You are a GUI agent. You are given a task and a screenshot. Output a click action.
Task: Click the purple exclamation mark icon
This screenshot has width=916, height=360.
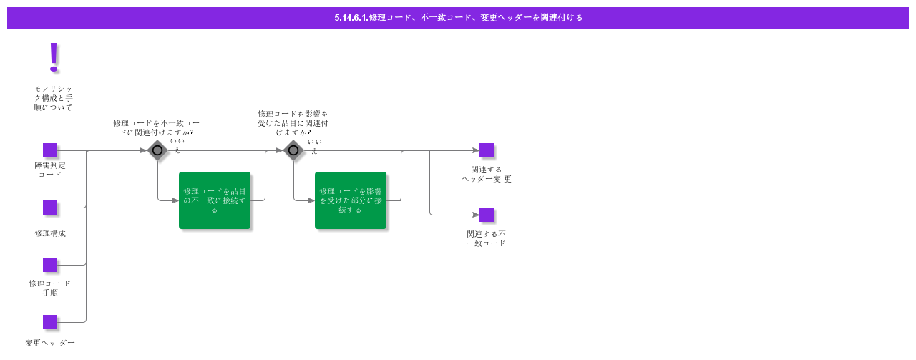coord(53,57)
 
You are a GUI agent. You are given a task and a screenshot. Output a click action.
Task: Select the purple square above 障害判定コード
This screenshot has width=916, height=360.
coord(50,150)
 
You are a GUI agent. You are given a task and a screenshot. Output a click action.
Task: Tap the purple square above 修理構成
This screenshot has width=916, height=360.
coord(50,208)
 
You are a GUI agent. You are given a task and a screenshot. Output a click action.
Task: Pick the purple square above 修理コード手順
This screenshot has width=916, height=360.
coord(50,265)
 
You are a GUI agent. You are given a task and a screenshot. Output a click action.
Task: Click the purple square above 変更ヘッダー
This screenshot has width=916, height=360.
coord(50,322)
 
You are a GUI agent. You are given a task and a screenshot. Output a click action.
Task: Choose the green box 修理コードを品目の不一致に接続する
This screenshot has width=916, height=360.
coord(215,200)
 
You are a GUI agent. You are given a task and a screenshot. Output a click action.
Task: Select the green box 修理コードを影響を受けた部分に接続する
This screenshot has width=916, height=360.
coord(351,200)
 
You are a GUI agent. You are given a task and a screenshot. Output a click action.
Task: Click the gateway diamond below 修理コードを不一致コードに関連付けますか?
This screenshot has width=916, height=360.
coord(157,150)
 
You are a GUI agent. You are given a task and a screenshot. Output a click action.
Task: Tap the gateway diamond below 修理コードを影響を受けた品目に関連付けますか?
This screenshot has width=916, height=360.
coord(293,150)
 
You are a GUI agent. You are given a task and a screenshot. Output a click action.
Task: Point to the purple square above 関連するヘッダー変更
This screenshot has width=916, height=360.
coord(487,150)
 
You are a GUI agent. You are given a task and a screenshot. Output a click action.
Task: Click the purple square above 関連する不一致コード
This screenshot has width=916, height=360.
coord(487,215)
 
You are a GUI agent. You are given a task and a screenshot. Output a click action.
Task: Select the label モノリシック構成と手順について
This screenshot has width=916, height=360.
coord(53,98)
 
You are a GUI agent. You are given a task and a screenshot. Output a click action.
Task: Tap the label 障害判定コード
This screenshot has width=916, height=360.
coord(50,170)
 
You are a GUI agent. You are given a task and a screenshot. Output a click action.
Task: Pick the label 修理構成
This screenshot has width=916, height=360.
coord(50,233)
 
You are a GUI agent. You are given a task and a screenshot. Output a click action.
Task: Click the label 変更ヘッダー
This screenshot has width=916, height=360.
coord(50,343)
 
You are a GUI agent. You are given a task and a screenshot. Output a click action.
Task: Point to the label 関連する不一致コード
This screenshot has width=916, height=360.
coord(487,238)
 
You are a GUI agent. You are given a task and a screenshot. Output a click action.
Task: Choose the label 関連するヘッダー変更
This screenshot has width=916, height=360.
coord(487,174)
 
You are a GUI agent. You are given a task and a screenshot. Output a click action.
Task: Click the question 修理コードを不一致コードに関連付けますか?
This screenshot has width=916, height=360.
coord(156,127)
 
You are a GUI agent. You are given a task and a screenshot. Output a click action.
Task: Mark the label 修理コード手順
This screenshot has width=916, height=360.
coord(50,288)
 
